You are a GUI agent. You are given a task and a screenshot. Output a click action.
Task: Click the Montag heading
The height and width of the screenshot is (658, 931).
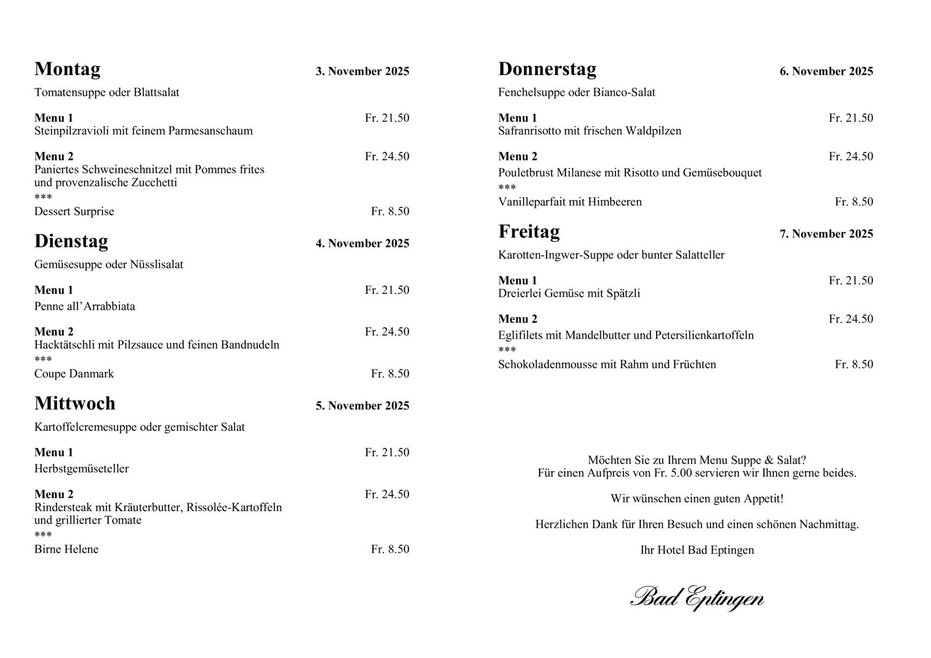[x=68, y=69]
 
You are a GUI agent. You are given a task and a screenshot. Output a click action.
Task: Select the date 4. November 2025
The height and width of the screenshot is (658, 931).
[x=362, y=244]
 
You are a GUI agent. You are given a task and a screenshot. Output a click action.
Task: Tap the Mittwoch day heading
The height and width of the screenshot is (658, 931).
[x=75, y=404]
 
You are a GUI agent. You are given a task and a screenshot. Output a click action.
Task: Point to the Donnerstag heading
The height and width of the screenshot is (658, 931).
[x=547, y=69]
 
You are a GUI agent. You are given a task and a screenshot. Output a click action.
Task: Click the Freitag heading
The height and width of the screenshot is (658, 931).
[x=528, y=232]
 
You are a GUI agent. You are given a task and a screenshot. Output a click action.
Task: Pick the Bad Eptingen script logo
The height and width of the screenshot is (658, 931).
[x=696, y=598]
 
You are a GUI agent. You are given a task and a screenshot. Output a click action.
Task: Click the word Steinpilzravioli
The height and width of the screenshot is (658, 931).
[x=72, y=131]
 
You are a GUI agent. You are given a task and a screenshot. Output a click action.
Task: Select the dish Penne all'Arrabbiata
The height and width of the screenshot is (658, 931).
[x=84, y=306]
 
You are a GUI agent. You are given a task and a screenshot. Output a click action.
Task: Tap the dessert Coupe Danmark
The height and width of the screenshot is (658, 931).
[x=74, y=374]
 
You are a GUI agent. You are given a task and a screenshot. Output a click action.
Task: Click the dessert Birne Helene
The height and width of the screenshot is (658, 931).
[x=66, y=549]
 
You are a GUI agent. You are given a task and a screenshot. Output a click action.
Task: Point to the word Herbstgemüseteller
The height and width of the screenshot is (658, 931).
[x=82, y=469]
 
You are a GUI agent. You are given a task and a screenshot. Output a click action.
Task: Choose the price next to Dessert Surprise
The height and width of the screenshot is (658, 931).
[x=390, y=211]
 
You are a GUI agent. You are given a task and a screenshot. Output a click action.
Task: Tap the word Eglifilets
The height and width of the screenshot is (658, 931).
[x=520, y=335]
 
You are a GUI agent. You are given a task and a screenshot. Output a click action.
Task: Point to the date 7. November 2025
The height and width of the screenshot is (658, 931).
[x=826, y=234]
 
